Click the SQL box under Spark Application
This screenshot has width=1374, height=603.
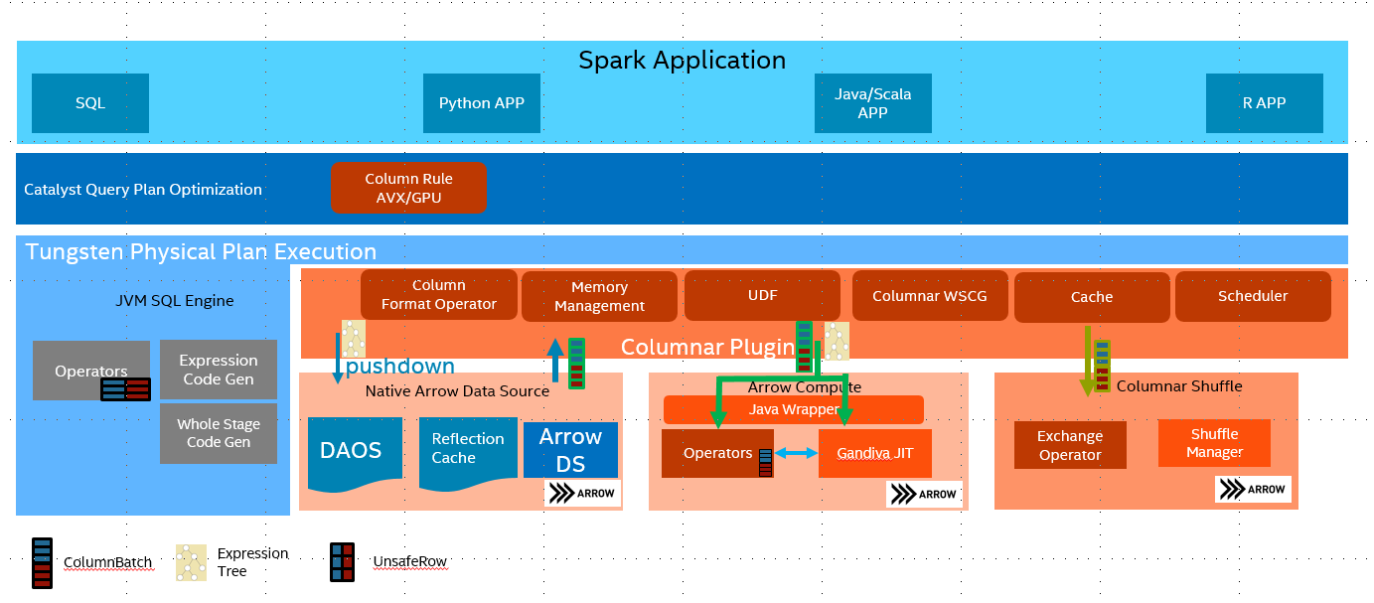pos(90,103)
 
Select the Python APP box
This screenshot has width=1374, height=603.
pos(482,103)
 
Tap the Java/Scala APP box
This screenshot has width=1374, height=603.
pos(873,103)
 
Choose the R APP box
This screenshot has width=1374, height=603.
pos(1264,103)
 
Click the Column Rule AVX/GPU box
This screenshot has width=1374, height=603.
pos(408,188)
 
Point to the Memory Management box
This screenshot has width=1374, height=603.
pos(599,296)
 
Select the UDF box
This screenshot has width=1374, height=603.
pos(762,295)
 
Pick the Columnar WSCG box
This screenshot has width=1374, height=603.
pos(930,296)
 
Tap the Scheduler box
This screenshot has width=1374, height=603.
pos(1253,296)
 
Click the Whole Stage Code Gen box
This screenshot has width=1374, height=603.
pos(219,433)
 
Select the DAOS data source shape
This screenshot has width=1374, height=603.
pos(355,455)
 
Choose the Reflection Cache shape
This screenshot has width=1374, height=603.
pos(468,454)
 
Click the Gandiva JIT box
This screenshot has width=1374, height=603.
pos(875,453)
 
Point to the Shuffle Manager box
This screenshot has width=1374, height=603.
pos(1214,443)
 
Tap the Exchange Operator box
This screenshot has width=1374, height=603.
pos(1070,445)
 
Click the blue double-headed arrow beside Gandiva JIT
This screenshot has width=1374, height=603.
pos(796,453)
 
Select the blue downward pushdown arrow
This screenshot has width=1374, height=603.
pos(338,359)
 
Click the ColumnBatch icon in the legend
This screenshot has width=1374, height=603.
pos(43,563)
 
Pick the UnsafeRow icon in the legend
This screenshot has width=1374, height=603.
pos(343,562)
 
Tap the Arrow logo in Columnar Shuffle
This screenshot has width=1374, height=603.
pos(1253,489)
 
